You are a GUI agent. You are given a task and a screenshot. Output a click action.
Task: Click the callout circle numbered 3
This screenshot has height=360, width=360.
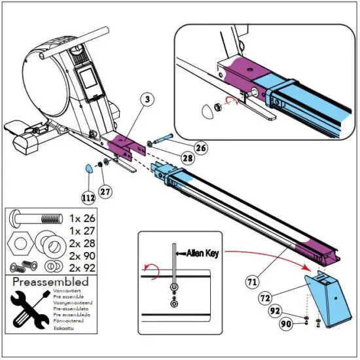148,99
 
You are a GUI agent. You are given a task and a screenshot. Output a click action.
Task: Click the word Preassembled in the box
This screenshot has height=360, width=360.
50,281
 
